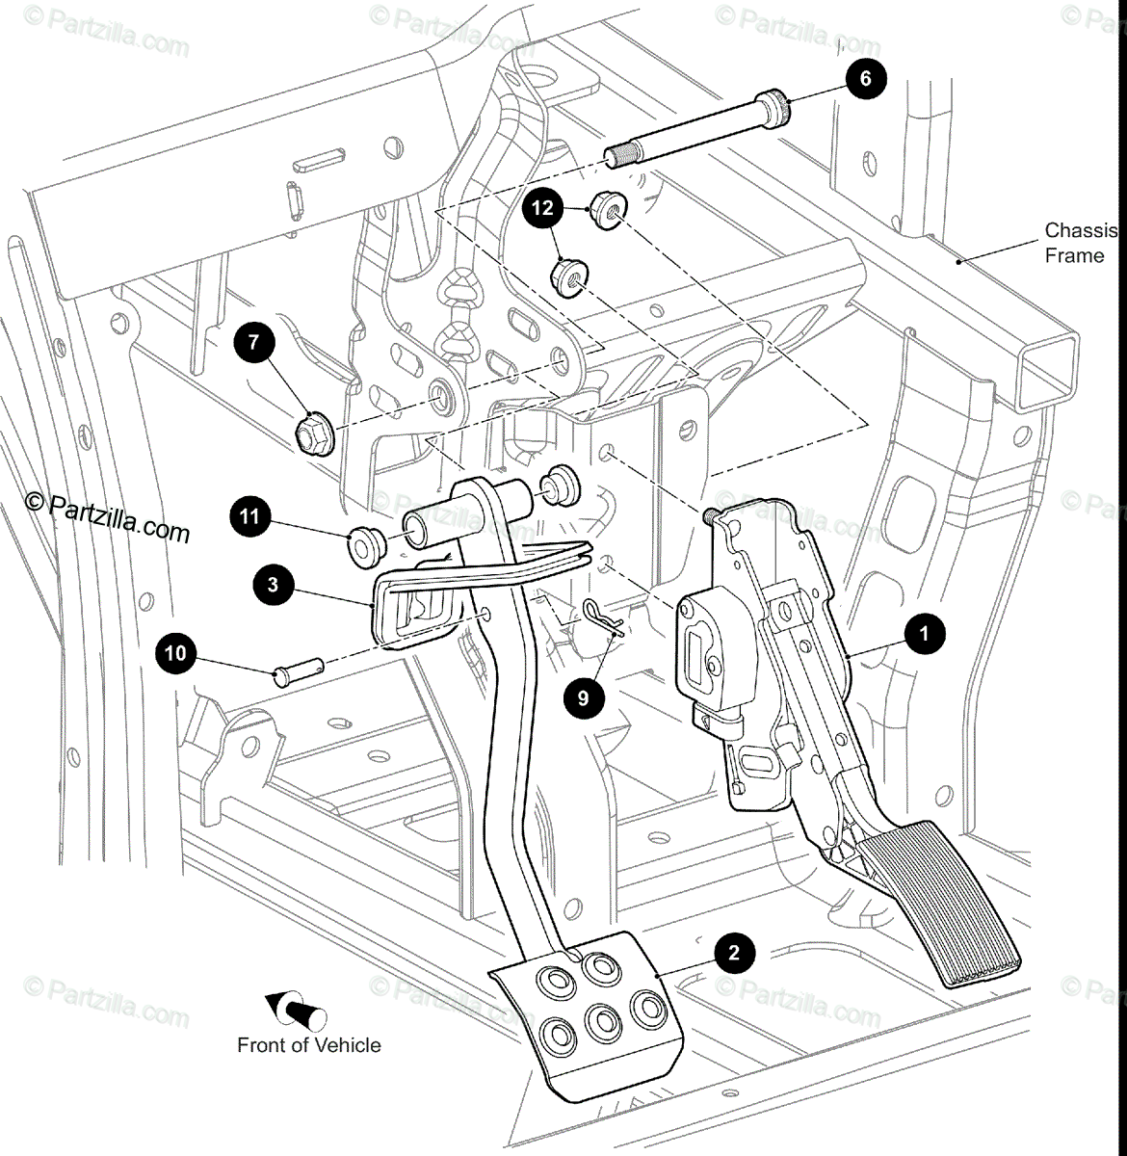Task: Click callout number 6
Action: point(864,78)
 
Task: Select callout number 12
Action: point(544,207)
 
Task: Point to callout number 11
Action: point(249,517)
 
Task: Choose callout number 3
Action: point(274,585)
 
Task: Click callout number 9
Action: point(584,696)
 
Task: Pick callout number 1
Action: point(925,634)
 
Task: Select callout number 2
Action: point(734,954)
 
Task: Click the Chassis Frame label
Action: point(1079,243)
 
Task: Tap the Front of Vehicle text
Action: point(308,1045)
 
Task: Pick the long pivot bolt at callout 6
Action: point(699,130)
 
